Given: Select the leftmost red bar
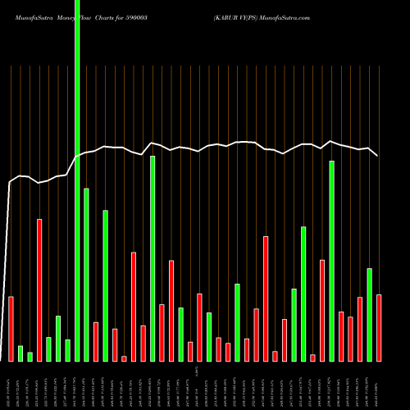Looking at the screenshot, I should (11, 328).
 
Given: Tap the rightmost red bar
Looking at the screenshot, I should (379, 327).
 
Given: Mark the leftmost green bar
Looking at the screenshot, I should (20, 353).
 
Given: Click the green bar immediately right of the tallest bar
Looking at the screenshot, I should (86, 275).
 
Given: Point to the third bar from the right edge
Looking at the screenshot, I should (360, 329).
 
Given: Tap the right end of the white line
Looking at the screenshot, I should (378, 155).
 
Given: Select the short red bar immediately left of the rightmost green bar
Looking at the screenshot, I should (360, 329).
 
